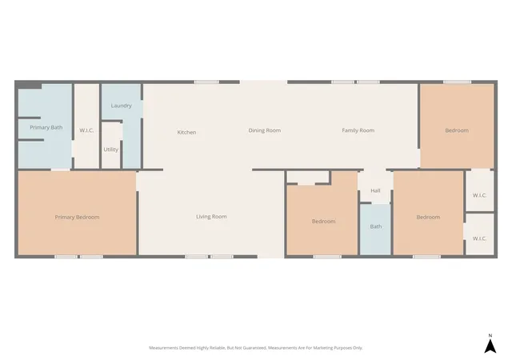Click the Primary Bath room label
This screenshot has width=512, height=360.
pos(46,127)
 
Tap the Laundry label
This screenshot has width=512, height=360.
pos(121,106)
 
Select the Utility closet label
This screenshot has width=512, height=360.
pos(110,150)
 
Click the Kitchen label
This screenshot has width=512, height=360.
pos(186,132)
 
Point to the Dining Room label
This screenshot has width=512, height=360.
pos(265,130)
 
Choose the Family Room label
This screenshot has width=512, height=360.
pos(358,130)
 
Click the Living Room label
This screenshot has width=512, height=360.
pos(211,217)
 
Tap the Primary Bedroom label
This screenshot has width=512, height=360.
pos(77,218)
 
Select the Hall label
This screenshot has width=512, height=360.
pos(375,190)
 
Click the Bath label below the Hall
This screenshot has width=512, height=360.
pos(376,226)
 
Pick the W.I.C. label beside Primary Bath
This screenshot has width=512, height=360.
pos(86,130)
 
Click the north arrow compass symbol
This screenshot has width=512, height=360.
pos(490,346)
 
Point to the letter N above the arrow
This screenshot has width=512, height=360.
pos(490,335)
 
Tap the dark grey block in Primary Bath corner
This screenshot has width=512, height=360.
pos(29,86)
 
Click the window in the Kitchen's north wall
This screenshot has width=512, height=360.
pos(206,82)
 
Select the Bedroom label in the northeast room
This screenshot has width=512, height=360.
pos(457,130)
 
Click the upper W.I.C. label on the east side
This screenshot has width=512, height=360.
pos(479,195)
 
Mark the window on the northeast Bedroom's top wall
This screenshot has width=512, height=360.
pos(457,82)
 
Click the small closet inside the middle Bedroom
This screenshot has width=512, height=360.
pos(308,177)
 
